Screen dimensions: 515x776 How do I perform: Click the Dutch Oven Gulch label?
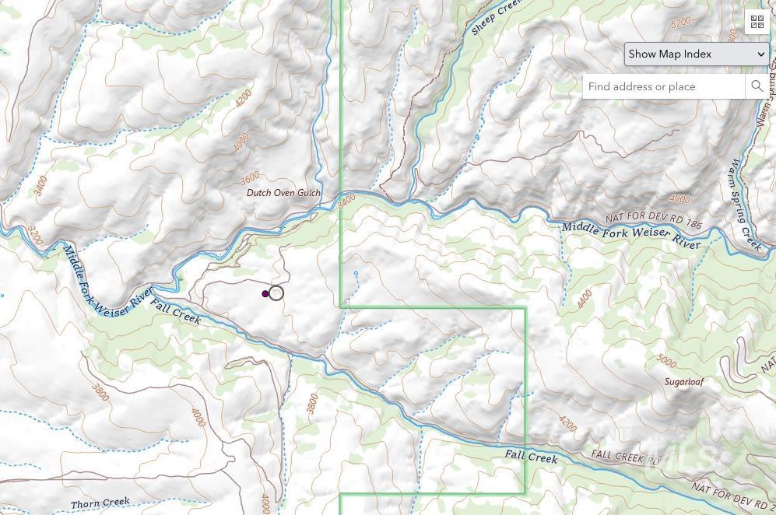click(x=283, y=193)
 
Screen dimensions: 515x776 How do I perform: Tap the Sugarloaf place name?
click(x=683, y=382)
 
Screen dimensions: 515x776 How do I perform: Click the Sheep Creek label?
click(x=495, y=17)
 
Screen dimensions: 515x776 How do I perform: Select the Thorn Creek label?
click(x=100, y=503)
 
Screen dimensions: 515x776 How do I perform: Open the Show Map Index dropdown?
click(x=697, y=54)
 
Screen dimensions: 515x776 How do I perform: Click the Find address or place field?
click(x=663, y=86)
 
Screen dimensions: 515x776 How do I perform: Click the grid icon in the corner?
click(x=757, y=22)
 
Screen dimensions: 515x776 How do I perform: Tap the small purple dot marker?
click(x=265, y=294)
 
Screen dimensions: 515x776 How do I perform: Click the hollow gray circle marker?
click(x=276, y=293)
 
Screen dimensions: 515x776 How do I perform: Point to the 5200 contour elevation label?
click(x=680, y=23)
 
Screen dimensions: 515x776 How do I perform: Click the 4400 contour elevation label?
click(x=585, y=298)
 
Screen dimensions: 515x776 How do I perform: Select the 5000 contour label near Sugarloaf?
click(x=666, y=360)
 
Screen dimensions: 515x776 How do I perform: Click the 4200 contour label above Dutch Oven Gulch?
click(x=243, y=98)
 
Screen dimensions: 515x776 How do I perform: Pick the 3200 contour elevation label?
click(x=34, y=235)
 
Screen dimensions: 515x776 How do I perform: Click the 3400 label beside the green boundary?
click(x=347, y=200)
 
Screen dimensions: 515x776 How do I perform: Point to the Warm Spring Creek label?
click(x=745, y=205)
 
